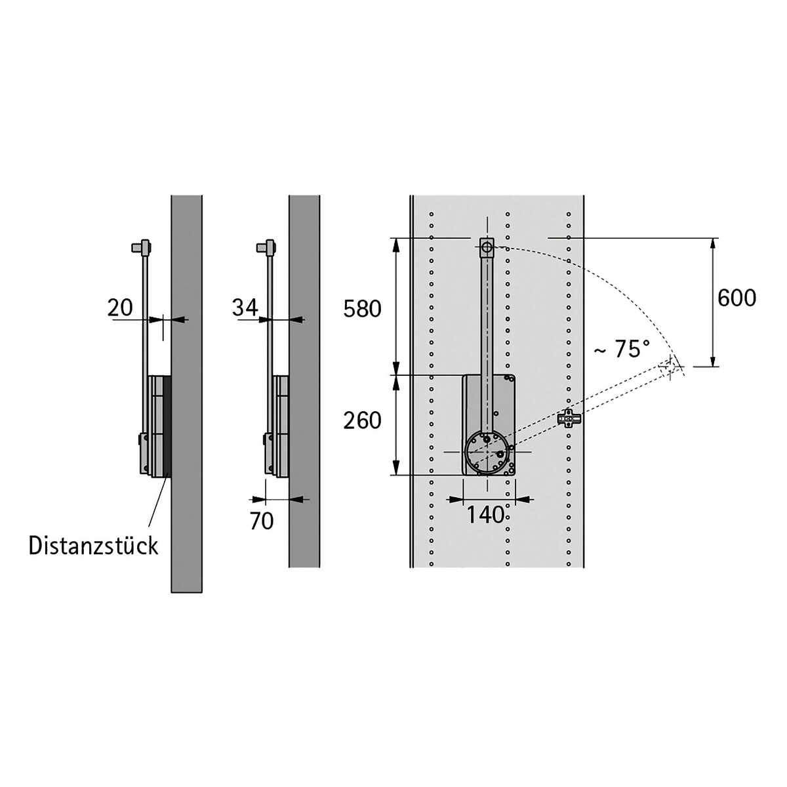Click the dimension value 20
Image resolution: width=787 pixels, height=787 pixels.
click(120, 308)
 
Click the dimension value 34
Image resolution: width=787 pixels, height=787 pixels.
click(245, 308)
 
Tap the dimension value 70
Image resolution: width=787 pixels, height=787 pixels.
click(262, 521)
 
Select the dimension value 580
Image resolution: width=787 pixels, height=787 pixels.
click(362, 309)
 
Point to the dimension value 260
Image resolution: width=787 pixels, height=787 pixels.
click(362, 420)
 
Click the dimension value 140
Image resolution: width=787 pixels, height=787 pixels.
click(485, 515)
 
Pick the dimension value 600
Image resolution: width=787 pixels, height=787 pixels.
click(737, 298)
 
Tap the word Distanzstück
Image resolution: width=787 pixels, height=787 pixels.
click(93, 546)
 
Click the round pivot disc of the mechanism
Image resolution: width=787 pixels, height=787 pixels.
click(487, 453)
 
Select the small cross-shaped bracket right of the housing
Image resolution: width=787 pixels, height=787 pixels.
click(569, 418)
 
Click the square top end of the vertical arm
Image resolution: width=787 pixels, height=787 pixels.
click(487, 247)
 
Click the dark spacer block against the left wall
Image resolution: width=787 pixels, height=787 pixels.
click(167, 426)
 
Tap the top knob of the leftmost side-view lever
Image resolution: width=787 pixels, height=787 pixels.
click(141, 247)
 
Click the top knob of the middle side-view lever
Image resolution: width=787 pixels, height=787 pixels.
click(266, 247)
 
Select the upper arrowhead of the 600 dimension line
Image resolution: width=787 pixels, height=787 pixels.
click(713, 245)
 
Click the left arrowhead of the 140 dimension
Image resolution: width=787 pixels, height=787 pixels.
click(456, 499)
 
